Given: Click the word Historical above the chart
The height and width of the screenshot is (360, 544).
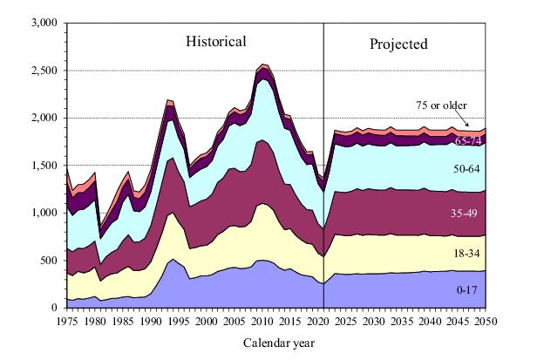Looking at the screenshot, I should pos(214,41).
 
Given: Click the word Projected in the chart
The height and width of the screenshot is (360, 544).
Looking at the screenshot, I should pos(398,43).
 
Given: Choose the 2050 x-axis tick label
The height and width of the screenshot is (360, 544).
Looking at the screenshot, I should pos(486,322).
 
